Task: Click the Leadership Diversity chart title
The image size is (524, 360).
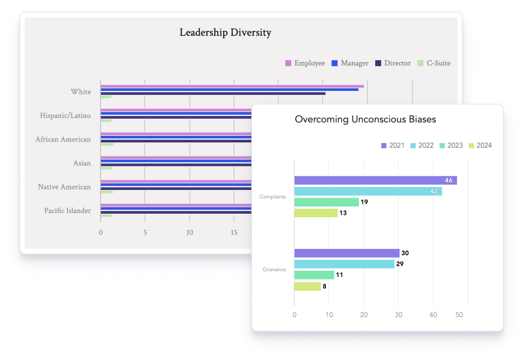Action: coord(225,33)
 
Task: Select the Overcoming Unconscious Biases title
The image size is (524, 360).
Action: coord(366,119)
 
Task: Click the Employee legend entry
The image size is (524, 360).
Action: coord(305,63)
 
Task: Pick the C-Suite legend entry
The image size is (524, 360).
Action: coord(434,63)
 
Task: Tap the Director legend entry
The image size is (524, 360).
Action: coord(393,63)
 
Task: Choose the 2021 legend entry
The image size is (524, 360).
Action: coord(393,145)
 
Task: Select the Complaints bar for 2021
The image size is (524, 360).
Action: coord(375,180)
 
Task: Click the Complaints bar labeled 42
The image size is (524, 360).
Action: coord(368,191)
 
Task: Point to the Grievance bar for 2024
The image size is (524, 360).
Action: coord(307,286)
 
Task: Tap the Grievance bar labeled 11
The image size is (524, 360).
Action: coord(314,275)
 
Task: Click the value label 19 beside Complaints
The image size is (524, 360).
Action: coord(364,202)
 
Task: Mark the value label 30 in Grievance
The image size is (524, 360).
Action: coord(405,253)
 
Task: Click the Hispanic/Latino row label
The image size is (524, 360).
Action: coord(65,116)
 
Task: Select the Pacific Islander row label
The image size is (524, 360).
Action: coord(68,211)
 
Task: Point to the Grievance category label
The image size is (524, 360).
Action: coord(274,269)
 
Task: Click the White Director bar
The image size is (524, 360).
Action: coord(213,93)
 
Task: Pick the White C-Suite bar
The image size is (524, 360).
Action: coord(106,97)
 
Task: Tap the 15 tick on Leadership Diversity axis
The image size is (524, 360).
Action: coord(234,233)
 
